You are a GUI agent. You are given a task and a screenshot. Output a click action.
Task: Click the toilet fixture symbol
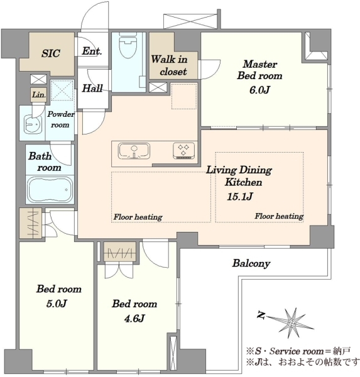(128, 45)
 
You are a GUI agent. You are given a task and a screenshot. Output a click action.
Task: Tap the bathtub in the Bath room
(50, 190)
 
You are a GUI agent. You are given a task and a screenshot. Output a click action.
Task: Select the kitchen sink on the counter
(134, 151)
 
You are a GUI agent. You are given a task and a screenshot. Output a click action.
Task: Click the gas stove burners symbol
(183, 151)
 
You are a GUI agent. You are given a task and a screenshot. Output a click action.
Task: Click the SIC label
(50, 53)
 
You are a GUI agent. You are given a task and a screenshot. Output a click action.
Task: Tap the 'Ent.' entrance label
(92, 51)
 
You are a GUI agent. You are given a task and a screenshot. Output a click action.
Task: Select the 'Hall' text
(92, 88)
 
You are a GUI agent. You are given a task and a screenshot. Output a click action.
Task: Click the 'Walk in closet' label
(169, 65)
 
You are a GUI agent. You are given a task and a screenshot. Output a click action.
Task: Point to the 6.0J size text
(259, 90)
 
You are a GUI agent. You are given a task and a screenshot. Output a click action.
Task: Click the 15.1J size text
(240, 197)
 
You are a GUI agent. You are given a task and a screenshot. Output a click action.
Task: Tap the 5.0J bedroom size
(57, 303)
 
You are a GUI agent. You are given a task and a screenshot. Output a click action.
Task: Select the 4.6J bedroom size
(134, 319)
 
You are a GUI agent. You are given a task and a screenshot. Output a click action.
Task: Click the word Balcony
(251, 263)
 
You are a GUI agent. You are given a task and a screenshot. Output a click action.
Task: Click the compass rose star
(292, 323)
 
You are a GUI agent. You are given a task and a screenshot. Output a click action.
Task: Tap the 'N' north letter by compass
(261, 315)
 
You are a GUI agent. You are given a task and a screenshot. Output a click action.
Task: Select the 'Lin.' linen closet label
(39, 94)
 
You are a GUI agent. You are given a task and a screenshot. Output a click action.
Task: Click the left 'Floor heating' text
(138, 217)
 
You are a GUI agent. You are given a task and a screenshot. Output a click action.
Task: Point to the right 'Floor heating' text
(279, 216)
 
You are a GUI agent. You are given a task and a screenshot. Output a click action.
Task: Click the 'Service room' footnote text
(297, 351)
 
